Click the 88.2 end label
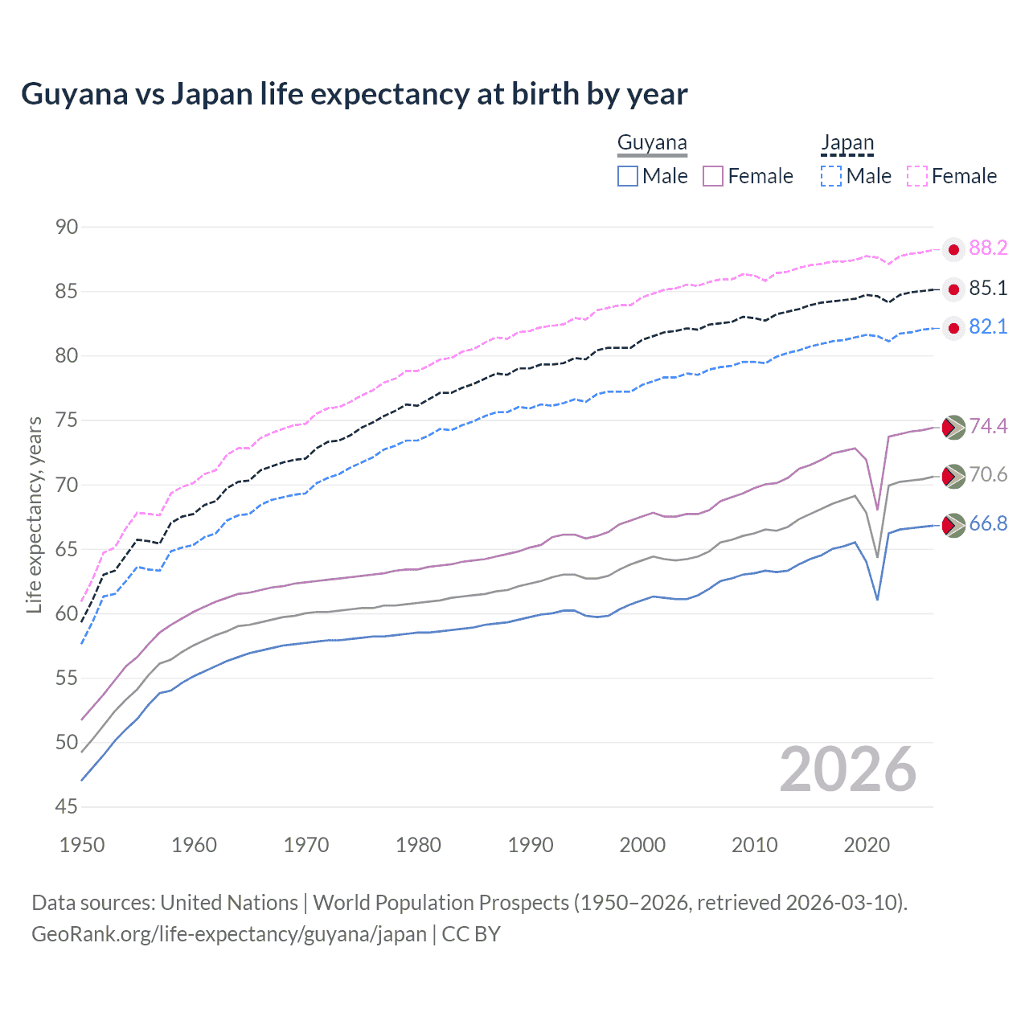click(988, 248)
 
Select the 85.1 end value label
click(988, 288)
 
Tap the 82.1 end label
click(988, 326)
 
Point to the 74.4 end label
click(988, 426)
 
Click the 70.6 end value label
click(988, 474)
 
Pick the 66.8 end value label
click(988, 523)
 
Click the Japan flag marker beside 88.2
click(953, 250)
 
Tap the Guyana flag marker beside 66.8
click(953, 526)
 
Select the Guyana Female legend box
click(713, 176)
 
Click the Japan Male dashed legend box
click(831, 176)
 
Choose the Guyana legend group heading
click(652, 143)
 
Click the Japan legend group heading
click(847, 143)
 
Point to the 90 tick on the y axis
click(67, 227)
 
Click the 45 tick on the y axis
click(67, 806)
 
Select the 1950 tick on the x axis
click(82, 845)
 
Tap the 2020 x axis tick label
click(867, 845)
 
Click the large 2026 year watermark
click(847, 769)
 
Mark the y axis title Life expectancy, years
click(34, 514)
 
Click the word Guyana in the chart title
click(74, 94)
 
